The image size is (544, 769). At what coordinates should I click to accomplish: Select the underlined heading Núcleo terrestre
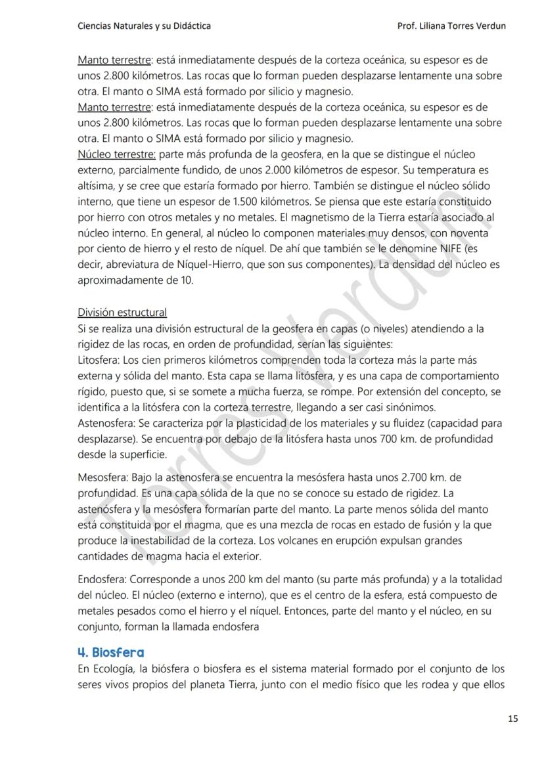point(116,154)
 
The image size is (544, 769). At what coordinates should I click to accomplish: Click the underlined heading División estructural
point(122,312)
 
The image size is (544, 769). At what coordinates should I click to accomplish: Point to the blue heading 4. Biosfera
point(111,652)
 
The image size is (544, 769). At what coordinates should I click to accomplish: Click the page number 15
point(512,718)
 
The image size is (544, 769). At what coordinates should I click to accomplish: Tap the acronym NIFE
point(445,249)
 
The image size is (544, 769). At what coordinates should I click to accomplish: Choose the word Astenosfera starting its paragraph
point(104,423)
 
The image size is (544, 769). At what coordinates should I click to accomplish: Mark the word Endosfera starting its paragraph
point(102,579)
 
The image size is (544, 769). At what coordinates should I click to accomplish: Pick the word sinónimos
point(394,407)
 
